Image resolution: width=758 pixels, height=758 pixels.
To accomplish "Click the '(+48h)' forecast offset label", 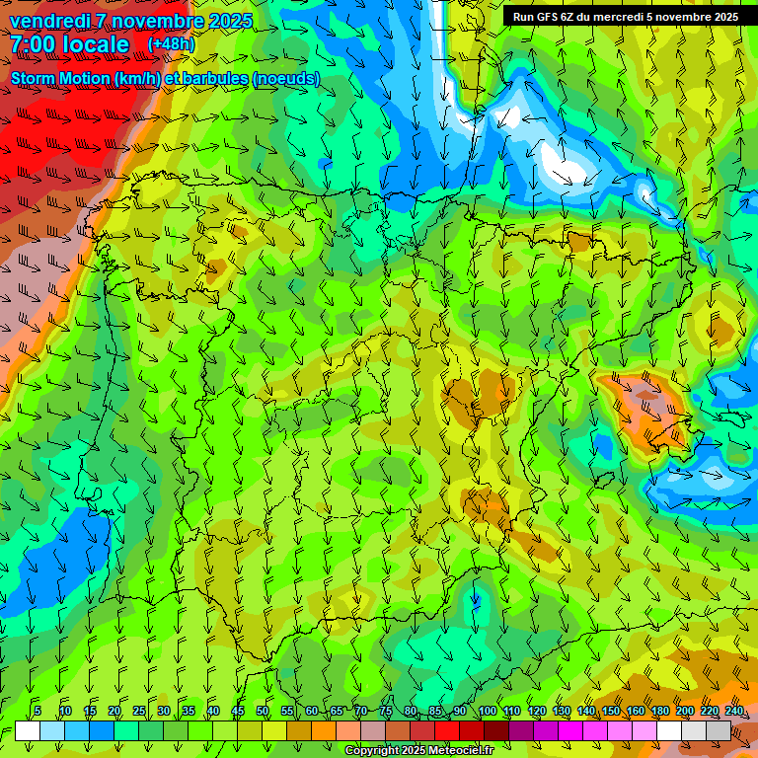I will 171,44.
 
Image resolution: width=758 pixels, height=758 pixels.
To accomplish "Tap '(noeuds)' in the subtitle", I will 286,78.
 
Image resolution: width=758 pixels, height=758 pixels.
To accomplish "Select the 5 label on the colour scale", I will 37,711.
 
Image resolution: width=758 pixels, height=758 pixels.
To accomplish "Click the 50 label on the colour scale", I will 263,711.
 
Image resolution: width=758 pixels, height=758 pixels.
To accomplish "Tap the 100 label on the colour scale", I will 487,711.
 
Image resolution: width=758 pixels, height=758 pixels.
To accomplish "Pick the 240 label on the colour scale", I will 733,711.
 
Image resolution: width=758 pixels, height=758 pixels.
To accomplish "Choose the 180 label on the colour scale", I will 659,711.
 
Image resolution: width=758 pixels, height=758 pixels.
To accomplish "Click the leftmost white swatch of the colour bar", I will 28,729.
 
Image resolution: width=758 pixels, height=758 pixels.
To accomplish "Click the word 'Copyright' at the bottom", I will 374,751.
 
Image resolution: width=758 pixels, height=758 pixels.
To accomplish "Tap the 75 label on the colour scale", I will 386,711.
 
